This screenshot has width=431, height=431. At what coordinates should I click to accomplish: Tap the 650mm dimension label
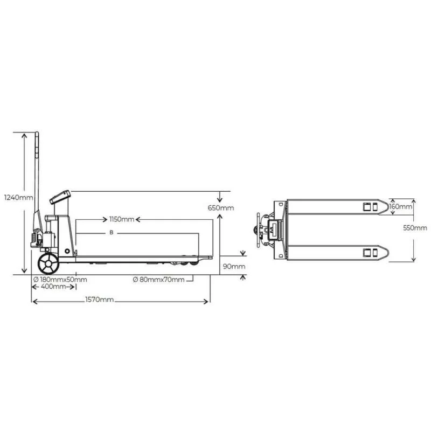[221, 208]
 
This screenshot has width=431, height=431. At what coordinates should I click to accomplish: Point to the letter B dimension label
[111, 233]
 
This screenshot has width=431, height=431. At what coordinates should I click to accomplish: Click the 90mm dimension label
[234, 266]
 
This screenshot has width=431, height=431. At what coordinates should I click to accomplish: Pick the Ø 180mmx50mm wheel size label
[60, 279]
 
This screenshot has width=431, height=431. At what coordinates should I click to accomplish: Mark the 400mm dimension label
[53, 287]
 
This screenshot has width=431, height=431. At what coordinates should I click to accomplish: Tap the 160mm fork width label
[401, 206]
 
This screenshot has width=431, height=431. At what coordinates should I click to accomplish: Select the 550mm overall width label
[415, 228]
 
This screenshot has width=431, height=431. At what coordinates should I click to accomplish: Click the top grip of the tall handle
[37, 141]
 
